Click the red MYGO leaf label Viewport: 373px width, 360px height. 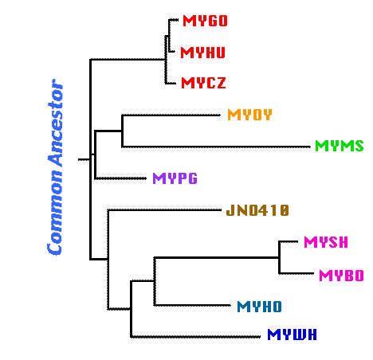[205, 21]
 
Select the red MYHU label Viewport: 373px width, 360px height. [202, 53]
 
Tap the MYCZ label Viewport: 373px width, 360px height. [203, 83]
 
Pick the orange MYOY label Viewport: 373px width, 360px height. [249, 115]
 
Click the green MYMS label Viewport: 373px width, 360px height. [340, 146]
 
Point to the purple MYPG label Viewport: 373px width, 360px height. [175, 178]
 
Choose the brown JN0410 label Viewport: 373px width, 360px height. [257, 210]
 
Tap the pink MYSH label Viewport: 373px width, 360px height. [326, 242]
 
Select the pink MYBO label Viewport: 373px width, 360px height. [341, 276]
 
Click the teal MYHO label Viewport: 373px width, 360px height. [259, 307]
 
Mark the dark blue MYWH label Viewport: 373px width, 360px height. [292, 335]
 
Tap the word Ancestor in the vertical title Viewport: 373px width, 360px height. [56, 123]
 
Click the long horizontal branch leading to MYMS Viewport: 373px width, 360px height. [216, 147]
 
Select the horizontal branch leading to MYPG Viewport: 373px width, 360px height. [120, 178]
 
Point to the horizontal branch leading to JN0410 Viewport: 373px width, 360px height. [164, 210]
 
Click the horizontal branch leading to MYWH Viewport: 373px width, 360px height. [195, 337]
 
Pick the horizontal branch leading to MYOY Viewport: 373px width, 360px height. [171, 115]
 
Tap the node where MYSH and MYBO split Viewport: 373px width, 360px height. [279, 257]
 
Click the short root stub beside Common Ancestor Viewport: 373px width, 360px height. [84, 159]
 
